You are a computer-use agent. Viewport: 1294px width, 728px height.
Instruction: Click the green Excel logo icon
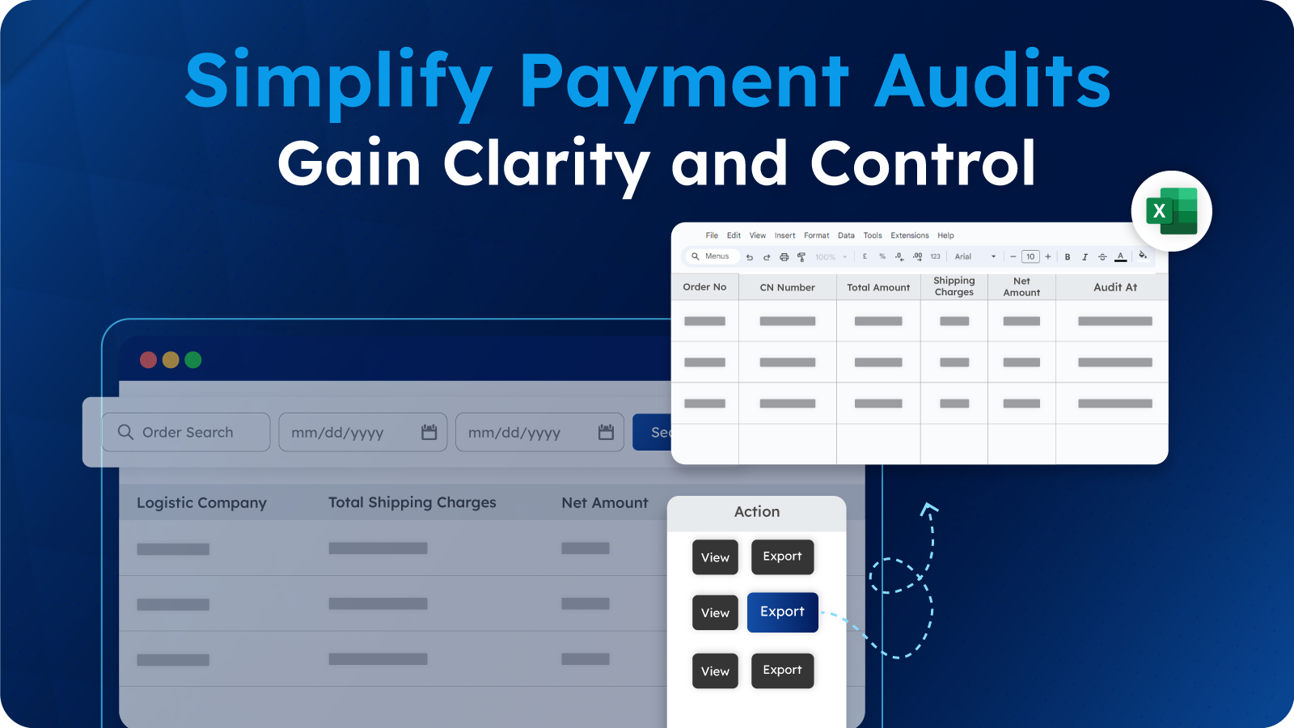pos(1171,211)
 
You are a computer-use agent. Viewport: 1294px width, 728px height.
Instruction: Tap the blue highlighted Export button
pos(782,612)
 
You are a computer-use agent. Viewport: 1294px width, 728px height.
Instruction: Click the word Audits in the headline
pos(992,81)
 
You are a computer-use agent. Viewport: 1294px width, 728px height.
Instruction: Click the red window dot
pos(148,360)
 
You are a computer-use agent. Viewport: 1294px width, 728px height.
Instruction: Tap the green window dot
pos(193,360)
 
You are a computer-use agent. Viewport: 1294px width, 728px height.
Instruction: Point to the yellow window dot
pos(171,360)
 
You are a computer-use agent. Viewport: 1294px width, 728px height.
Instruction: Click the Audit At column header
pos(1114,287)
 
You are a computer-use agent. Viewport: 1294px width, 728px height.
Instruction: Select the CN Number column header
pos(787,287)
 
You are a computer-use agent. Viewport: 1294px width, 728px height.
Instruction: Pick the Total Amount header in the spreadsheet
pos(878,287)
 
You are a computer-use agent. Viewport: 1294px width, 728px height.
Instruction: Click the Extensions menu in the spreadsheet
pos(909,235)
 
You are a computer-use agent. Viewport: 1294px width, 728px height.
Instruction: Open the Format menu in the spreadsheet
pos(816,235)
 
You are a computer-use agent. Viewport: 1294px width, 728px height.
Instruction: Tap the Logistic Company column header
pos(201,503)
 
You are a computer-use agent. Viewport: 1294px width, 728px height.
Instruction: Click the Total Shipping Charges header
pos(412,502)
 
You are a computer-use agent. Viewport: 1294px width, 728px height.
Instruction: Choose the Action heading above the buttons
pos(756,512)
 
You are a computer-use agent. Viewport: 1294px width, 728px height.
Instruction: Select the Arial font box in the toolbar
pos(975,256)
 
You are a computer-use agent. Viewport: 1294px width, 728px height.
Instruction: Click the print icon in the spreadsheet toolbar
pos(784,257)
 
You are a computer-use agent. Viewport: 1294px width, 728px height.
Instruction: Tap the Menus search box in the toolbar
pos(711,256)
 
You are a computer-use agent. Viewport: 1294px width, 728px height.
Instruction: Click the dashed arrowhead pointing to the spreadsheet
pos(928,509)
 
